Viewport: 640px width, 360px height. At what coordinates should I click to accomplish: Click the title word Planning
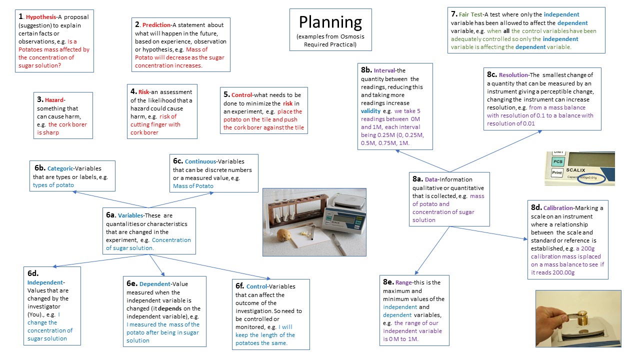pyautogui.click(x=330, y=22)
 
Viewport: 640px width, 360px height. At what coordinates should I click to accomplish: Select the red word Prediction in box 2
pyautogui.click(x=156, y=25)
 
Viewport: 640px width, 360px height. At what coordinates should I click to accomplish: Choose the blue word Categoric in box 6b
pyautogui.click(x=59, y=169)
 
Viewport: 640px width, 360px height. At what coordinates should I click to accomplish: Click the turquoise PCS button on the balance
pyautogui.click(x=558, y=161)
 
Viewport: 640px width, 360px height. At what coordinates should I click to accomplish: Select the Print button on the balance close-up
pyautogui.click(x=557, y=172)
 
